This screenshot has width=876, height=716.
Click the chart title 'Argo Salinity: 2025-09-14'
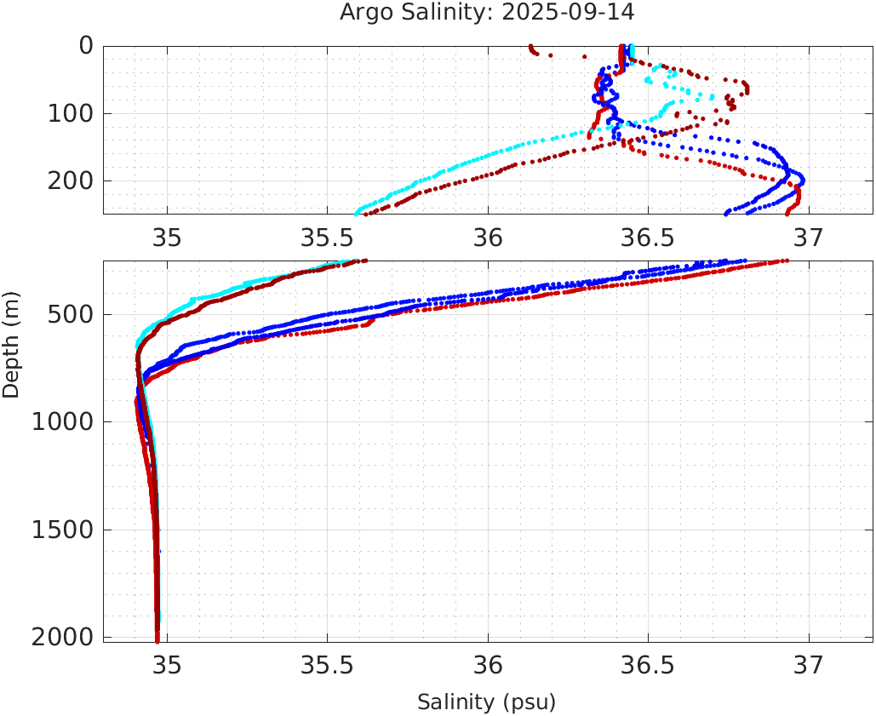pyautogui.click(x=487, y=13)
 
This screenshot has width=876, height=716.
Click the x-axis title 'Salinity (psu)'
pyautogui.click(x=486, y=702)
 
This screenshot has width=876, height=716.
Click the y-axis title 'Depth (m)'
pyautogui.click(x=11, y=343)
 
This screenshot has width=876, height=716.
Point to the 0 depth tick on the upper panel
pyautogui.click(x=86, y=46)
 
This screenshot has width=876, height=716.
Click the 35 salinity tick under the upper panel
pyautogui.click(x=167, y=238)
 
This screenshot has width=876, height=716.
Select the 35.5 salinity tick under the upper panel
pyautogui.click(x=327, y=238)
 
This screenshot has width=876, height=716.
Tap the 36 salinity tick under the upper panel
pyautogui.click(x=488, y=238)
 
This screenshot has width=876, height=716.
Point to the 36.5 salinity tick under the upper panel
pyautogui.click(x=648, y=238)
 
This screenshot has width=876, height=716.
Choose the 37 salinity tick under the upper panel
pyautogui.click(x=809, y=238)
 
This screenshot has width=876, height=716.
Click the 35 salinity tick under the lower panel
pyautogui.click(x=167, y=666)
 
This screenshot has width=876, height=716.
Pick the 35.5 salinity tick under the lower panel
pyautogui.click(x=327, y=666)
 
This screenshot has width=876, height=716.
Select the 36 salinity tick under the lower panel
pyautogui.click(x=488, y=666)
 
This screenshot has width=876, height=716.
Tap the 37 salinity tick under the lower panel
pyautogui.click(x=809, y=666)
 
